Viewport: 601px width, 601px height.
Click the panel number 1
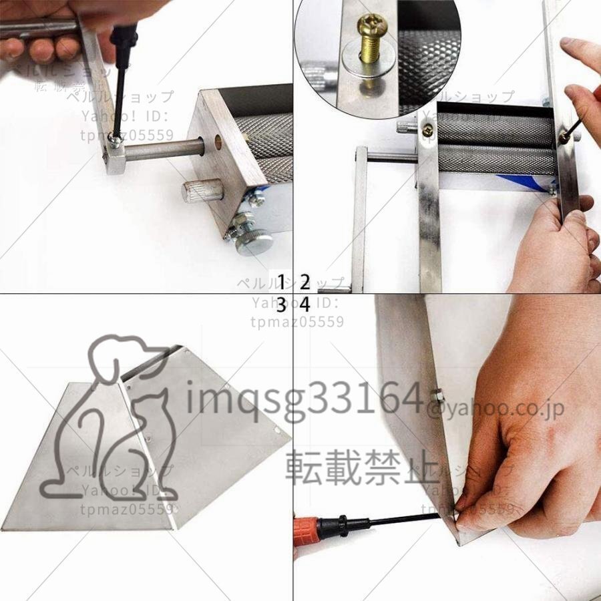tap(282, 280)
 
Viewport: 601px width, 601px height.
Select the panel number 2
tap(305, 280)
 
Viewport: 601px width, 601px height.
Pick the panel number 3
tap(282, 305)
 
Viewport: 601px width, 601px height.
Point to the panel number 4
tap(305, 305)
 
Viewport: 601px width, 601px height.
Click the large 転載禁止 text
tap(354, 467)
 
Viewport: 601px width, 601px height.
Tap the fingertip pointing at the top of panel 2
tap(568, 45)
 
